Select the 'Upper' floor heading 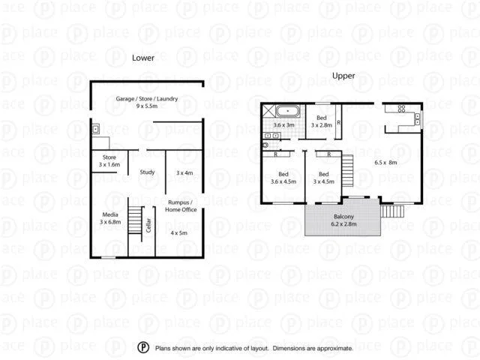pos(343,76)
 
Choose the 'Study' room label pos(147,172)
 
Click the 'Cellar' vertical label pos(148,224)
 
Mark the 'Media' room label pos(110,214)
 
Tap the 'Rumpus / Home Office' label pos(184,206)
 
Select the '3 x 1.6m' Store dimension pos(109,164)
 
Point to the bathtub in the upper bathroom pos(286,112)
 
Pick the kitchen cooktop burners pos(418,117)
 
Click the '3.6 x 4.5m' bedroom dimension pos(283,181)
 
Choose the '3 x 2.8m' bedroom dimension pos(321,125)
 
